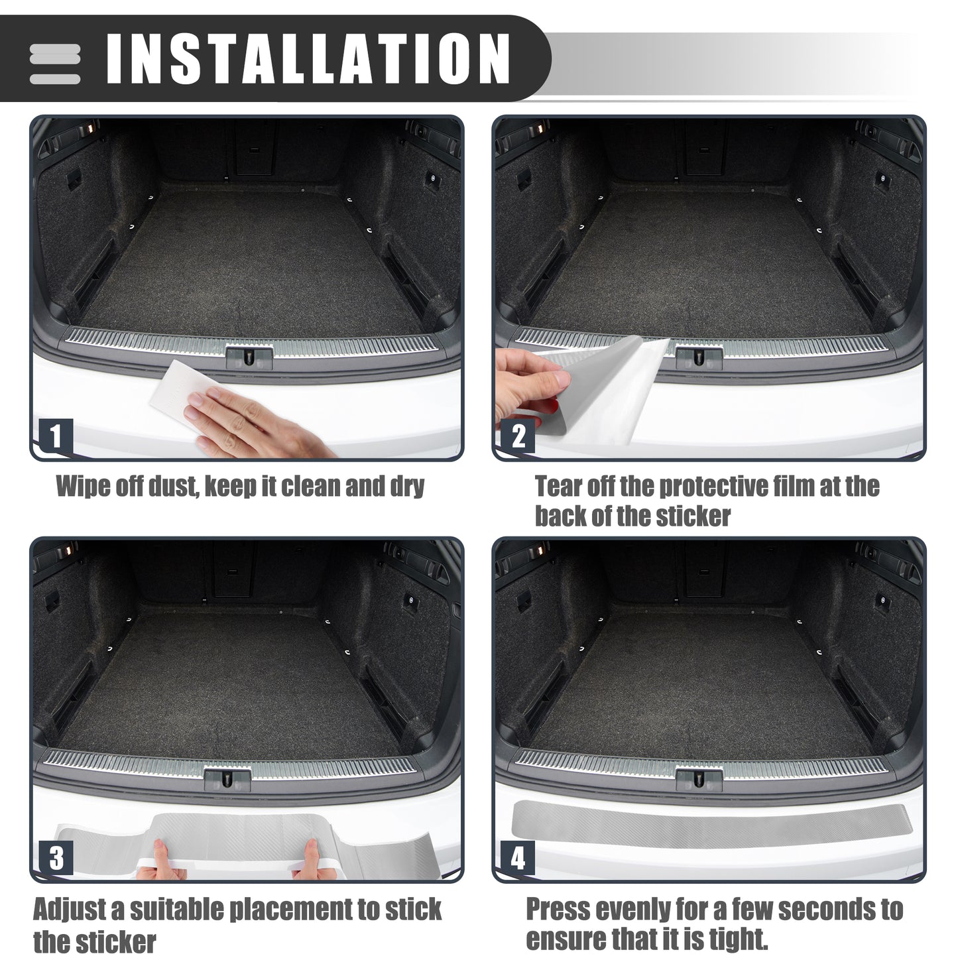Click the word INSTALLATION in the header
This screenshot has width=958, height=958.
308,58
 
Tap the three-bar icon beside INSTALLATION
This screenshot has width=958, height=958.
55,64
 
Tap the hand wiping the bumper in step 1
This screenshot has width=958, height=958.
253,422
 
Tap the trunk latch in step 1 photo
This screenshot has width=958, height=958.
249,357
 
